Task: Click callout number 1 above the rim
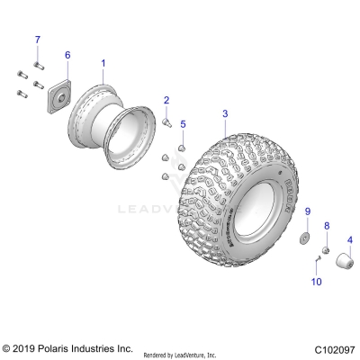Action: (x=103, y=64)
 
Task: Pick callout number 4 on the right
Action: (x=348, y=239)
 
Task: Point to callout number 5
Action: (x=183, y=123)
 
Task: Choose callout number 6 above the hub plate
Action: (x=67, y=56)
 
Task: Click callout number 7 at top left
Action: (x=38, y=40)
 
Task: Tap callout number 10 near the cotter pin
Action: (x=315, y=282)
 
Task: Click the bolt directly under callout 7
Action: (x=38, y=62)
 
